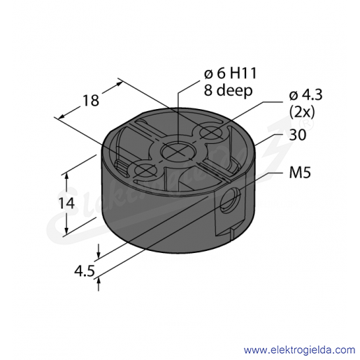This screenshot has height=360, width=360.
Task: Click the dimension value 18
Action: pyautogui.click(x=91, y=101)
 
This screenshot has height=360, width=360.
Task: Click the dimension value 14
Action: pyautogui.click(x=66, y=203)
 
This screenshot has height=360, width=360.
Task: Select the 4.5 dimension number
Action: pyautogui.click(x=85, y=271)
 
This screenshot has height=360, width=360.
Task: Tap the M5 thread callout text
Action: pyautogui.click(x=300, y=173)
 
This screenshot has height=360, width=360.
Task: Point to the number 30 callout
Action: pyautogui.click(x=298, y=135)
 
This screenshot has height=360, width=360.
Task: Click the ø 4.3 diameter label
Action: pyautogui.click(x=305, y=95)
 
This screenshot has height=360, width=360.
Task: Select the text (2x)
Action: pyautogui.click(x=302, y=113)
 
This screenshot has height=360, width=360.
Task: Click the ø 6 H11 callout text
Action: pyautogui.click(x=231, y=73)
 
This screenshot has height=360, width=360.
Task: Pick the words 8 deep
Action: pyautogui.click(x=229, y=90)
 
